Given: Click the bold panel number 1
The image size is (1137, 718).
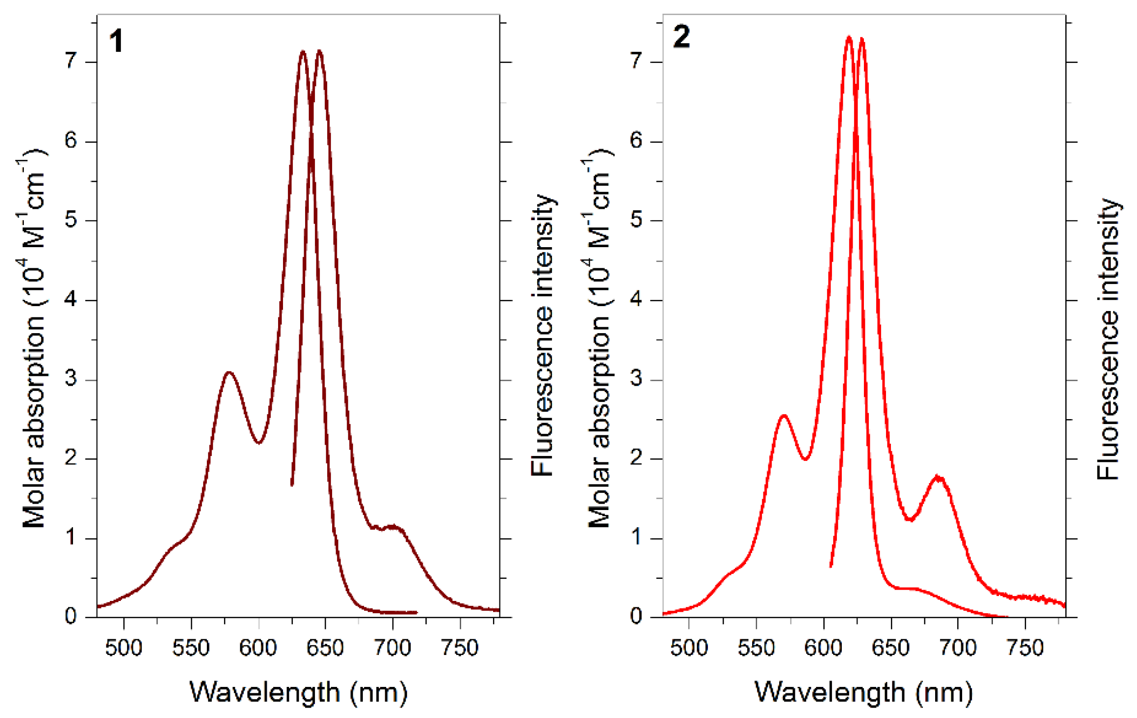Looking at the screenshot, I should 116,41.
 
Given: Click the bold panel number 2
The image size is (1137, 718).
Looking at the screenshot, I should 681,37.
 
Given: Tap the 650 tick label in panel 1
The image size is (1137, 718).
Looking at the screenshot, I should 324,648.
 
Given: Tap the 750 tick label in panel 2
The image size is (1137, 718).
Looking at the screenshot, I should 1025,648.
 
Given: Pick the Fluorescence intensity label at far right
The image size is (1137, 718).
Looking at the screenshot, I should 1108,340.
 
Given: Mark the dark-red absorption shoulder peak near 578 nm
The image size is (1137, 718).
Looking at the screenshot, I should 229,373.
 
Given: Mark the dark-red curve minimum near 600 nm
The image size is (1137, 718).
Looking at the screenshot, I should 259,443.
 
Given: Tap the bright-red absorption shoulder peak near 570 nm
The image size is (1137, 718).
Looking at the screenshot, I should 784,415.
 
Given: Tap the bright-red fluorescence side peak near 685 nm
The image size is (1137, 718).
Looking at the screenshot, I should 939,478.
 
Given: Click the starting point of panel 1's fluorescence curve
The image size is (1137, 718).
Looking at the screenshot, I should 292,484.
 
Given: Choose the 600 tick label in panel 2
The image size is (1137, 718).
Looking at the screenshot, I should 823,648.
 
